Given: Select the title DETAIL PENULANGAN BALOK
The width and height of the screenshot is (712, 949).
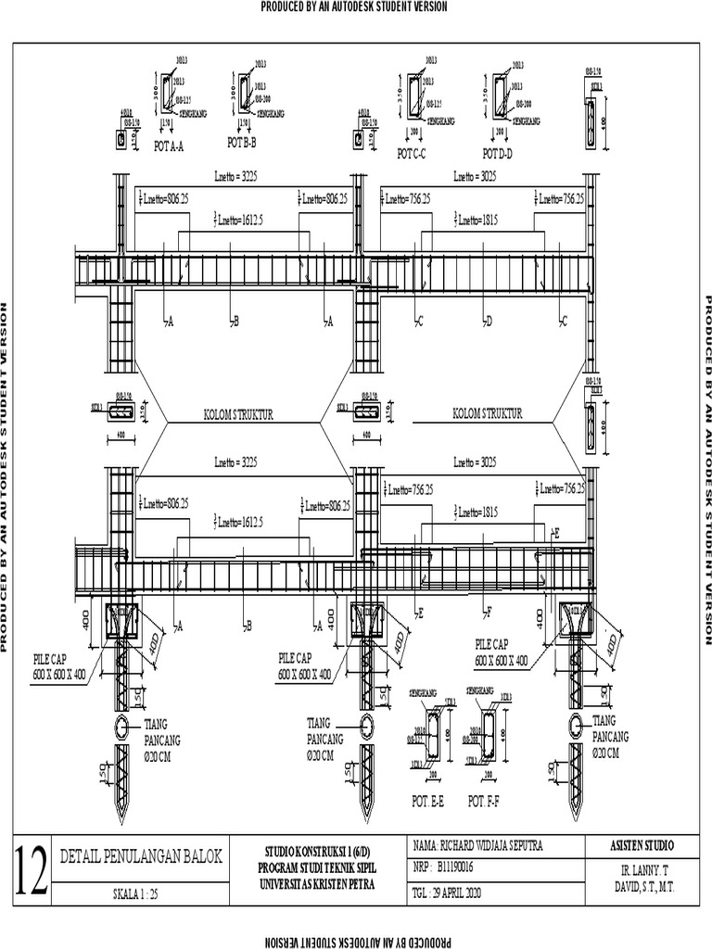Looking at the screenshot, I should (140, 857).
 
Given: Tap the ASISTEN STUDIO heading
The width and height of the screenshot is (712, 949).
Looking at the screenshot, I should (642, 845).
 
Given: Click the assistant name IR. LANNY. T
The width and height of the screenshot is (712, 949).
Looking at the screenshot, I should (642, 872).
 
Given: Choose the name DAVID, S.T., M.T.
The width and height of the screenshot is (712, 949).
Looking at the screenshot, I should (642, 888).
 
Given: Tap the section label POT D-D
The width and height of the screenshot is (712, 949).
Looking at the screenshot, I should (499, 152).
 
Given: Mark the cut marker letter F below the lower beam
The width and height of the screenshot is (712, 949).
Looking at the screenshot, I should (489, 613).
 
